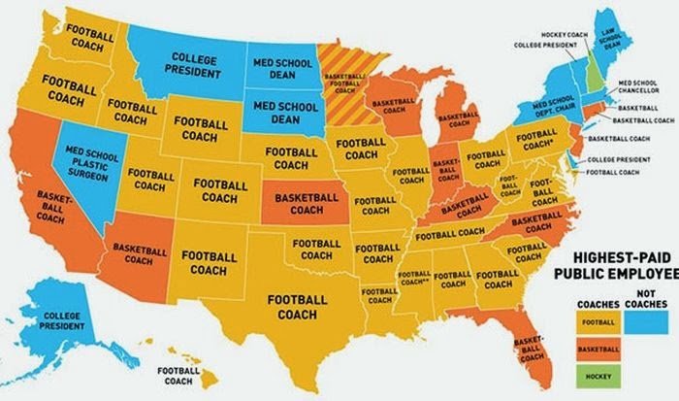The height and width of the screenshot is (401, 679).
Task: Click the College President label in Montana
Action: pos(190,65)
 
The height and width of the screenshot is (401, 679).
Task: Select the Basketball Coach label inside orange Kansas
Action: pos(307,203)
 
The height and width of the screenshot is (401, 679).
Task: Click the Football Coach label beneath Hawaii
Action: pos(178,376)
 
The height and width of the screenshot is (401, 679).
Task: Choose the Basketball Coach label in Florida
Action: pos(529,351)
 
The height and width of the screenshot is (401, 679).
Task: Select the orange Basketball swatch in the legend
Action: pos(598,347)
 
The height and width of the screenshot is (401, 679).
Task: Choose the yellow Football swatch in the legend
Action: pos(598,321)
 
